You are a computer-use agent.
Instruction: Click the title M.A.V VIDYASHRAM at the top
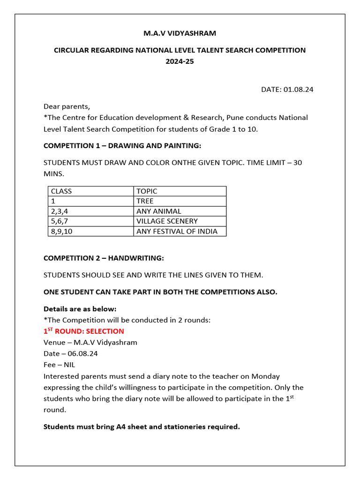tap(180, 33)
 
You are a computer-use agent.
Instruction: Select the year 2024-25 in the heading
tap(180, 61)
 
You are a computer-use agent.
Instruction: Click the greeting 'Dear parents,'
tap(67, 106)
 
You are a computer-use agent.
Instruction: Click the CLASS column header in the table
tap(61, 191)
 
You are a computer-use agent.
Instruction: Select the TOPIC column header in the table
tap(147, 191)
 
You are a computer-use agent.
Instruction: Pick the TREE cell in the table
tap(145, 201)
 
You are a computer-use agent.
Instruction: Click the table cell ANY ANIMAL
tap(158, 211)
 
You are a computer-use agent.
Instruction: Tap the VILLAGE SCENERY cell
tap(167, 221)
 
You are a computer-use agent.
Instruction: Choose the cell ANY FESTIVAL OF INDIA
tap(177, 231)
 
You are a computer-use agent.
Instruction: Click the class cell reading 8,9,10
tap(61, 231)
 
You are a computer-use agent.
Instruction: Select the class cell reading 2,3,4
tap(60, 211)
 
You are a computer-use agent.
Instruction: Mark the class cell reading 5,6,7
tap(60, 221)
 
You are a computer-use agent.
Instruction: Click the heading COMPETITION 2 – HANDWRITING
tap(104, 258)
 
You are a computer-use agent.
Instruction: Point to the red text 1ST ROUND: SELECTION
tap(83, 331)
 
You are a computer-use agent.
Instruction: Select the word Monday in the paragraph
tap(265, 376)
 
